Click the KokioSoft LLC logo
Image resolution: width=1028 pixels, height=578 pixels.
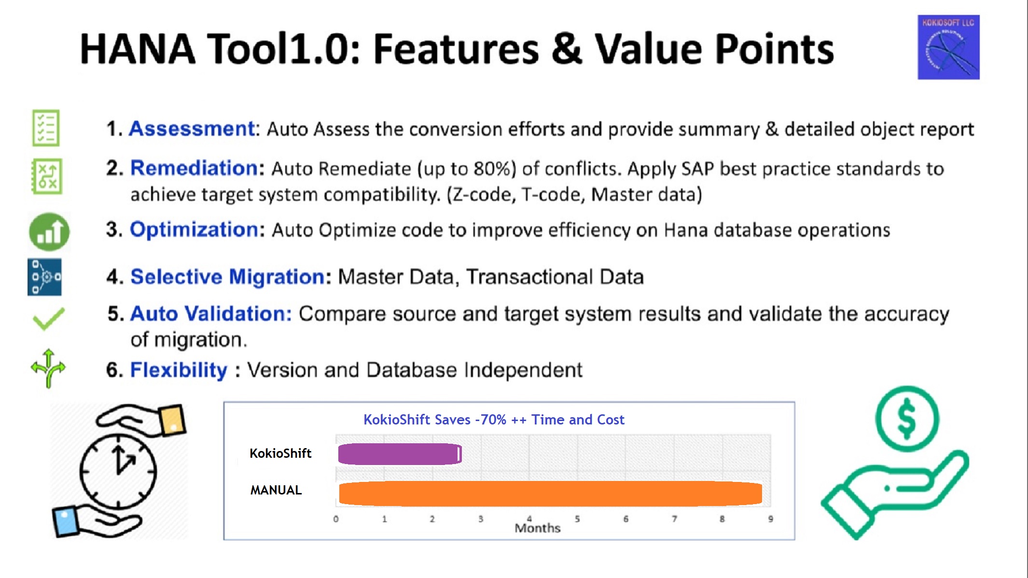pyautogui.click(x=948, y=47)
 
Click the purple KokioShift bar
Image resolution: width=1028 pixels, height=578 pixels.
pyautogui.click(x=400, y=454)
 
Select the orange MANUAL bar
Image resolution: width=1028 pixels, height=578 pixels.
pyautogui.click(x=550, y=493)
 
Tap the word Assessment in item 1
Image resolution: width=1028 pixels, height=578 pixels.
pyautogui.click(x=192, y=129)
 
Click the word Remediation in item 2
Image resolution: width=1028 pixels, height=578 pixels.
pyautogui.click(x=194, y=168)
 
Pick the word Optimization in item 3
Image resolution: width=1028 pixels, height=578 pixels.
pyautogui.click(x=194, y=230)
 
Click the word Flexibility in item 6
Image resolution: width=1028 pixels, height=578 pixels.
pyautogui.click(x=179, y=370)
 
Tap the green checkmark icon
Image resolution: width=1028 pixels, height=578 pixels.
pyautogui.click(x=48, y=319)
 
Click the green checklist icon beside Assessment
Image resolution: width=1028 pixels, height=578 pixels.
pyautogui.click(x=46, y=128)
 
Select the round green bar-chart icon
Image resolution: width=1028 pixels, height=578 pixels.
pyautogui.click(x=49, y=232)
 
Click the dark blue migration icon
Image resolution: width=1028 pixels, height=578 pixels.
pyautogui.click(x=44, y=277)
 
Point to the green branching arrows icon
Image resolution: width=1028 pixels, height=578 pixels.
pyautogui.click(x=48, y=368)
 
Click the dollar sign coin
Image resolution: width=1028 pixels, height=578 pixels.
pyautogui.click(x=907, y=419)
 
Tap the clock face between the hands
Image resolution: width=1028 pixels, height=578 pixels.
pyautogui.click(x=118, y=471)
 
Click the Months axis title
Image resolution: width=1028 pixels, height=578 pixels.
pyautogui.click(x=538, y=528)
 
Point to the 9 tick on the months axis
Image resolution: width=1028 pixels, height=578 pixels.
pyautogui.click(x=771, y=519)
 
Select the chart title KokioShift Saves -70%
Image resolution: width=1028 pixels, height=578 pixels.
pyautogui.click(x=494, y=420)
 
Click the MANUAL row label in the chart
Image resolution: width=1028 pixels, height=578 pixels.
pyautogui.click(x=276, y=490)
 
